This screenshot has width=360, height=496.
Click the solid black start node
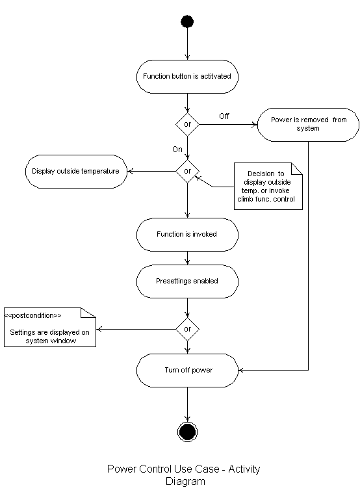pos(187,21)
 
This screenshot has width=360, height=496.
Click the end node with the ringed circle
pos(187,432)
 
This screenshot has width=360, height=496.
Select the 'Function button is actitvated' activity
pos(187,77)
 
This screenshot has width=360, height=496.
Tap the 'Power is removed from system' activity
pos(309,125)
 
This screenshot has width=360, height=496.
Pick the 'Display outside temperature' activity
pos(76,172)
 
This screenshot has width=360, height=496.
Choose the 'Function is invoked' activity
pos(187,235)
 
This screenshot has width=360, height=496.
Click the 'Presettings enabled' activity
pos(187,281)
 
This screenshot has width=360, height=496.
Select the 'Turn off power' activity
pos(187,370)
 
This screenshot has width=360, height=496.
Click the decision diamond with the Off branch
pos(188,124)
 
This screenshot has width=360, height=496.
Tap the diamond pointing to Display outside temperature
pos(188,171)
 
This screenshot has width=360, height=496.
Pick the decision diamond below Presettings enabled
pos(188,329)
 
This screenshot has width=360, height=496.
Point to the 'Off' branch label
pos(224,116)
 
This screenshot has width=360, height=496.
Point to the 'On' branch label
pos(177,150)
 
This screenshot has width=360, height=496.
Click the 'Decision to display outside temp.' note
pos(268,187)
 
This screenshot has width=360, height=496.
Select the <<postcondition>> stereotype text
pos(33,315)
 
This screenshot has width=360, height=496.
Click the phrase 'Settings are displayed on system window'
pos(50,336)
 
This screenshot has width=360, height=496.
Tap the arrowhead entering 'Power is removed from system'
pos(255,125)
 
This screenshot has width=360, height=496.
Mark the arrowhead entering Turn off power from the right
pos(240,370)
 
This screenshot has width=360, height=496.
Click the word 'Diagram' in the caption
pos(185,482)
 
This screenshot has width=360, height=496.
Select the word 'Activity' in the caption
pos(244,469)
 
